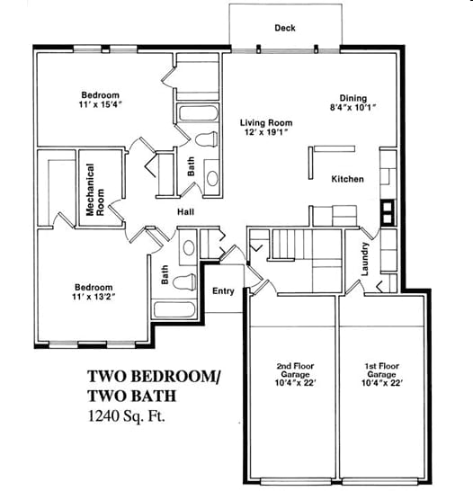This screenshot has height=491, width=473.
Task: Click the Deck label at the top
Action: [284, 28]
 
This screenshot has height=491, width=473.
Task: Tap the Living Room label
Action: [266, 122]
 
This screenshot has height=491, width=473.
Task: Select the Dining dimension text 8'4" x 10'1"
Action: [352, 108]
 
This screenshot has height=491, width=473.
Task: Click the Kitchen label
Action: [347, 179]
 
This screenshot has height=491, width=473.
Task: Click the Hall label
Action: [186, 212]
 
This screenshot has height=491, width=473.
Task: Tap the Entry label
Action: [222, 290]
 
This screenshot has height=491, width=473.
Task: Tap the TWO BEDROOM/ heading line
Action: [153, 376]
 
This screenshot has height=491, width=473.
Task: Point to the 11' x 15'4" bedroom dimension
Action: [101, 105]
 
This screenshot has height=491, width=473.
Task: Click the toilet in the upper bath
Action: [206, 139]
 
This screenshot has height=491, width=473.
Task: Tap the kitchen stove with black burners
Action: [388, 212]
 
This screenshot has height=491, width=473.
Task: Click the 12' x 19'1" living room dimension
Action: [266, 133]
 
